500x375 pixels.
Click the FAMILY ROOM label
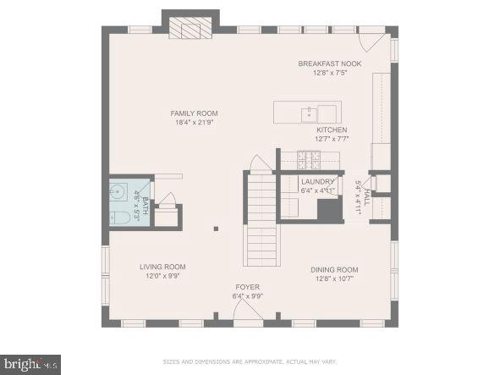195,113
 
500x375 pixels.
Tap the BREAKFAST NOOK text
329,63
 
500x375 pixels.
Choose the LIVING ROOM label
162,267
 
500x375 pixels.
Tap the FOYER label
248,287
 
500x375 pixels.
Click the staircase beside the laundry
261,220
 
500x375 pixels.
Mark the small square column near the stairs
217,228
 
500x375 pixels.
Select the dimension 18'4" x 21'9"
195,123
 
